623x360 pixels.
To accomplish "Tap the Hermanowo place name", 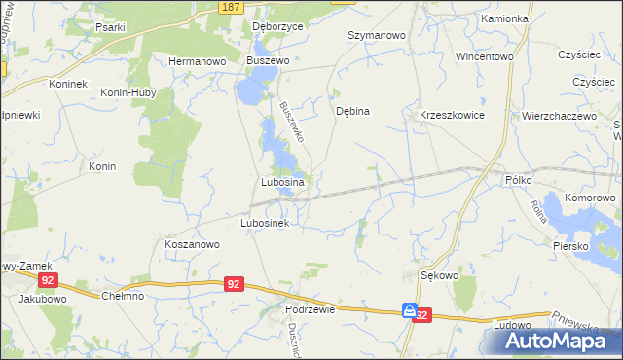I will pos(198,60).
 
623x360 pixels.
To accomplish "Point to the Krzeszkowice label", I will pos(452,115).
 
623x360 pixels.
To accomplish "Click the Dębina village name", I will pos(352,111).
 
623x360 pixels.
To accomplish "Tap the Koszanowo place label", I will pos(191,245).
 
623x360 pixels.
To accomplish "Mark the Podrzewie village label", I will pos(311,308).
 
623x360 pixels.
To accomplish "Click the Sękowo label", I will pos(439,275).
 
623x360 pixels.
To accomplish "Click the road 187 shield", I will pos(231,7).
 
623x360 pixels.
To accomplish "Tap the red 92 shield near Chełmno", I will pos(233,284).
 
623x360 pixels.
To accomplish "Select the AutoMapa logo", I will pos(563,341).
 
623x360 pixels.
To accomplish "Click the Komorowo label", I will pos(591,198).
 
